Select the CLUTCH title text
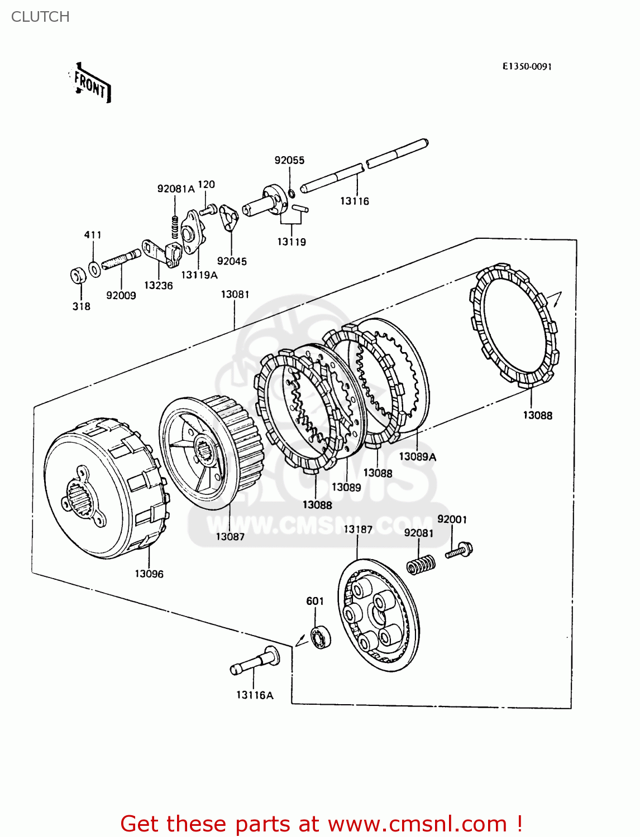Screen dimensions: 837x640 pos(40,17)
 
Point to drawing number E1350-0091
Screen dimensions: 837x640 pos(527,66)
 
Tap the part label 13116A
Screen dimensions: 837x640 pos(255,695)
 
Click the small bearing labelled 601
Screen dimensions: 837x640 pos(321,637)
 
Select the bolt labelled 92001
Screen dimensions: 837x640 pos(460,550)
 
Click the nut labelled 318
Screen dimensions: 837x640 pos(79,275)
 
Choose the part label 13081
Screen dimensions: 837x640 pos(235,294)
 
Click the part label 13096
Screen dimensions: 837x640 pos(149,574)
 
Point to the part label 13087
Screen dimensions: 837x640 pos(230,536)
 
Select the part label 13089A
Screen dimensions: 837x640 pos(417,456)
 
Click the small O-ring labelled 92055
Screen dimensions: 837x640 pos(291,194)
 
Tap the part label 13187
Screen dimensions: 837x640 pos(357,529)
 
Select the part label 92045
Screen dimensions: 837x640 pos(232,261)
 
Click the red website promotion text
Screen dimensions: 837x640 pos(321,824)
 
